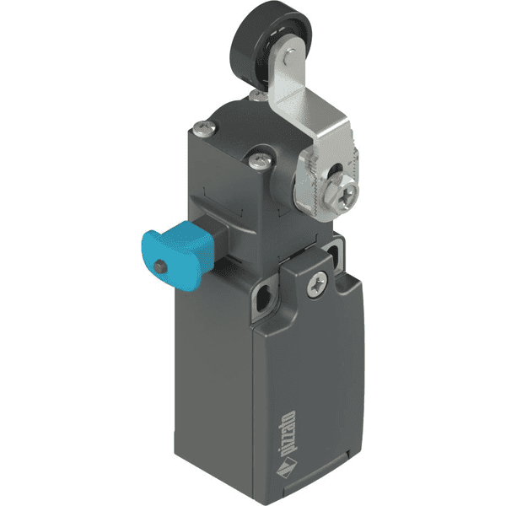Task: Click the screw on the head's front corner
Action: click(258, 157)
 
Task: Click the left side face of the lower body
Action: click(211, 379)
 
